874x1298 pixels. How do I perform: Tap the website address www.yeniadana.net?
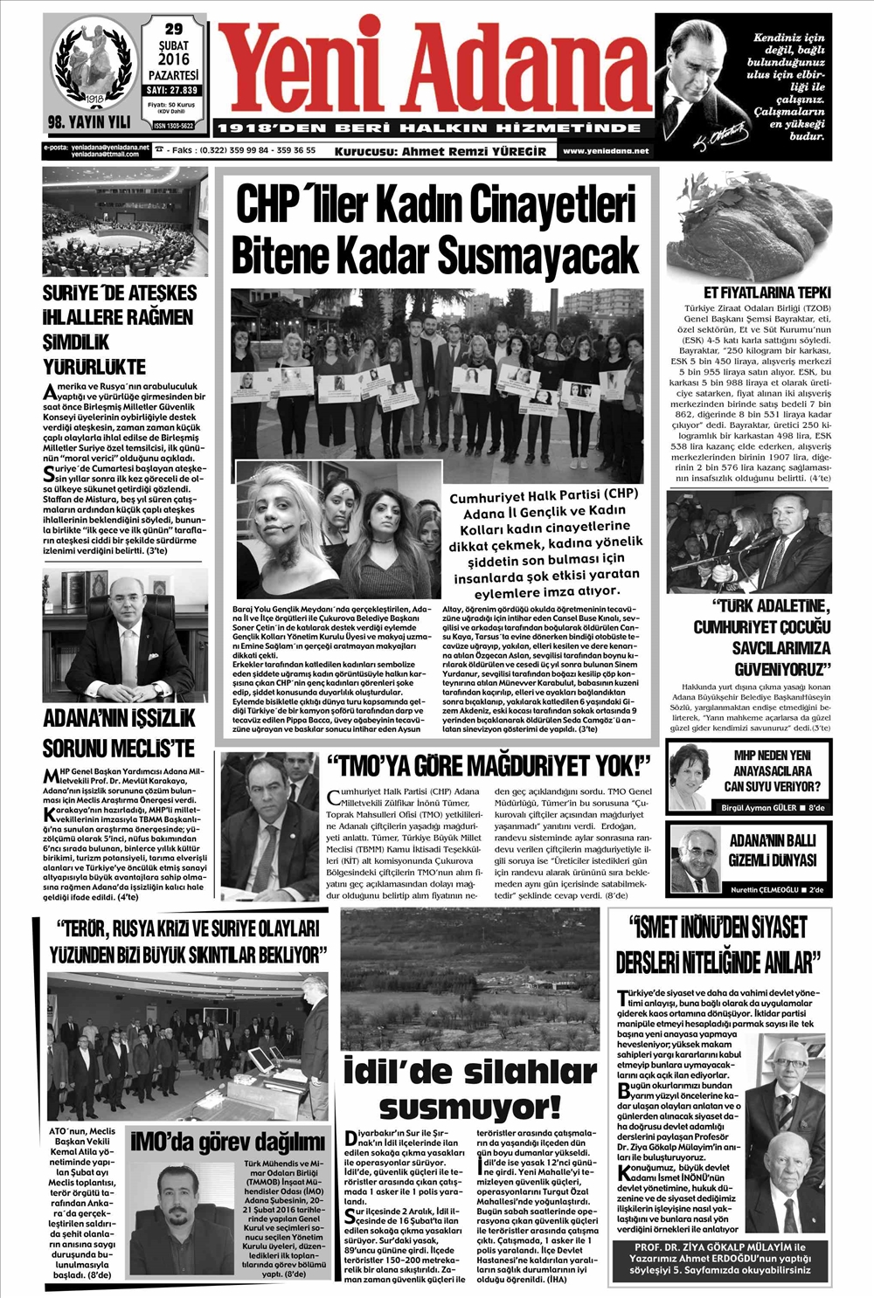[606, 151]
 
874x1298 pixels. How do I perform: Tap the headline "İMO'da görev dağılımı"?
[227, 1141]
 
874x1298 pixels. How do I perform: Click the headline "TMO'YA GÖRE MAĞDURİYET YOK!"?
[489, 766]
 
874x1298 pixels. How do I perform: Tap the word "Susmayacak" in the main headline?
[536, 255]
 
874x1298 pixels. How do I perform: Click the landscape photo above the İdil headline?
[470, 978]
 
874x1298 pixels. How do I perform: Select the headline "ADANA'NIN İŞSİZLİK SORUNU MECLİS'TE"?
[120, 733]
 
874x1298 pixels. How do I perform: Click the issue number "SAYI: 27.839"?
[173, 90]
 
